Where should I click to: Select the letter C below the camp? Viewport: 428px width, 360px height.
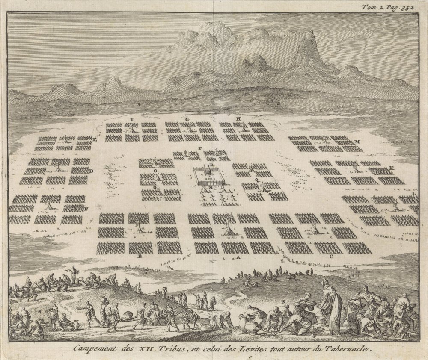coord(331,257)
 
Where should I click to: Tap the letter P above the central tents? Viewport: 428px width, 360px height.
coord(200,148)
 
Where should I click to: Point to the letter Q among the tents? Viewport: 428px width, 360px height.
coord(257,180)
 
